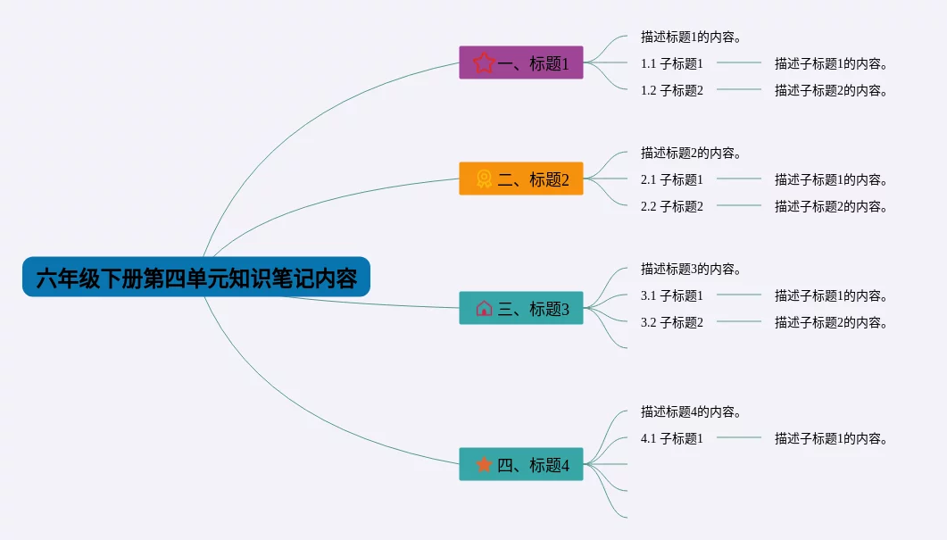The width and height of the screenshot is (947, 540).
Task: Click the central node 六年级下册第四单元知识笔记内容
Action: tap(196, 278)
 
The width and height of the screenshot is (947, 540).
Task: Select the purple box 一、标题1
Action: tap(521, 63)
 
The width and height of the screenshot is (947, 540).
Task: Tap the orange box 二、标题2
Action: tap(521, 179)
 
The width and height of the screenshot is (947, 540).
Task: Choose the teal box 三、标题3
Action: tap(521, 309)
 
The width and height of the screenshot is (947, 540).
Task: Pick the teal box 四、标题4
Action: tap(521, 465)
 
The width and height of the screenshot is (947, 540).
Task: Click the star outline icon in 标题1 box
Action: tap(484, 63)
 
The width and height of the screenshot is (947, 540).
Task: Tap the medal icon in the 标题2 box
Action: tap(484, 179)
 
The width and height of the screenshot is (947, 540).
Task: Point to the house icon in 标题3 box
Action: tap(484, 309)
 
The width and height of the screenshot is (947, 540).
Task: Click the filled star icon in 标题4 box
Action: tap(484, 464)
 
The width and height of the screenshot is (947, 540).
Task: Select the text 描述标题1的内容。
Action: tap(692, 37)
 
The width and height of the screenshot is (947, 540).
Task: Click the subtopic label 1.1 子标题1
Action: tap(672, 63)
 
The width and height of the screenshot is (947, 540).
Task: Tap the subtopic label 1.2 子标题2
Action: tap(672, 90)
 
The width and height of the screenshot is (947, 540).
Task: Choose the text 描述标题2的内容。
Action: tap(692, 154)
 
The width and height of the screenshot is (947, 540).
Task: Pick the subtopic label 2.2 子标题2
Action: tap(672, 206)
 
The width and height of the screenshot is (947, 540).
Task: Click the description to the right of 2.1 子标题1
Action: tap(831, 179)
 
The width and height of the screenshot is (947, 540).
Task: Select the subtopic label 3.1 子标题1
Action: tap(672, 295)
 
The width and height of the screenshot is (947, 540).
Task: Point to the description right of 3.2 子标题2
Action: tap(831, 322)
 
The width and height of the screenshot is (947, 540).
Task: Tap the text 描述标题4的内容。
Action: tap(692, 412)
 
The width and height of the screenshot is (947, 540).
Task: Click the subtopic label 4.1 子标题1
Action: tap(672, 438)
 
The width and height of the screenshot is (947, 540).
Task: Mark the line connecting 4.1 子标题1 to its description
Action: tap(739, 438)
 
